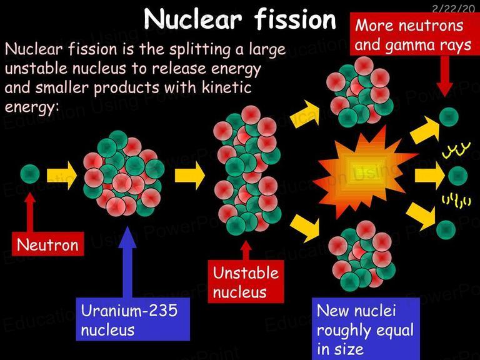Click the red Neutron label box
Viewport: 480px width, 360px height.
coord(47,244)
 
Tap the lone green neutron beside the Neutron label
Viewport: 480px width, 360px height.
coord(30,174)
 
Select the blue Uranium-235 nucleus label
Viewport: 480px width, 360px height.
coord(133,319)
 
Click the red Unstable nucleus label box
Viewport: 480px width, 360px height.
coord(246,281)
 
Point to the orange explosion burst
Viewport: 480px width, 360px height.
coord(364,173)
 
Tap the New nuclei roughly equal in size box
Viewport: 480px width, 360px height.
coord(366,329)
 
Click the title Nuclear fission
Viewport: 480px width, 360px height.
coord(240,19)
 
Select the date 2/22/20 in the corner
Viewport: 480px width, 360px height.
coord(453,8)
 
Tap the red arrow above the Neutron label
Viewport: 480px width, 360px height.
coord(30,212)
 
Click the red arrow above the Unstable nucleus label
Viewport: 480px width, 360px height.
coord(246,251)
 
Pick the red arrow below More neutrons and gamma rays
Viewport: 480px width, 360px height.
coord(444,76)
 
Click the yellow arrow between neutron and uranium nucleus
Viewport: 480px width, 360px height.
coord(61,176)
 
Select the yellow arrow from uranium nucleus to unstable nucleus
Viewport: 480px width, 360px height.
coord(190,176)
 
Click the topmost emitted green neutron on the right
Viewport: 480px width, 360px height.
coord(449,117)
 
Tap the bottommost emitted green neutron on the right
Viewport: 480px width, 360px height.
coord(446,230)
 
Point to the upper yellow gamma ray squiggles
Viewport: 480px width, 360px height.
coord(456,150)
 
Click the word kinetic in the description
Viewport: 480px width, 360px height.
coord(226,87)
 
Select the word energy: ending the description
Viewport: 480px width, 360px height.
coord(31,107)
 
